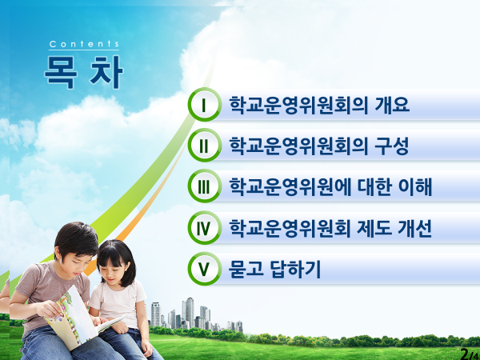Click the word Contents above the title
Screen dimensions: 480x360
tap(84, 44)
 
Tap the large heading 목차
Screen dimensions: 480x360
tap(83, 72)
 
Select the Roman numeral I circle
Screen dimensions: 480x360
tap(205, 104)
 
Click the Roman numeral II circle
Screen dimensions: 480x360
tap(205, 145)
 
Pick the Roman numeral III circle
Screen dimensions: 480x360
tap(205, 186)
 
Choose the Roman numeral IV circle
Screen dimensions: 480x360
tap(205, 227)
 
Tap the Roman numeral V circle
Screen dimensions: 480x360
tap(205, 269)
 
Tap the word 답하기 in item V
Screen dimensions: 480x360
tap(295, 270)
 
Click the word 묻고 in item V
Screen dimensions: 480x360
tap(246, 270)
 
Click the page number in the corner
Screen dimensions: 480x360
tap(470, 354)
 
